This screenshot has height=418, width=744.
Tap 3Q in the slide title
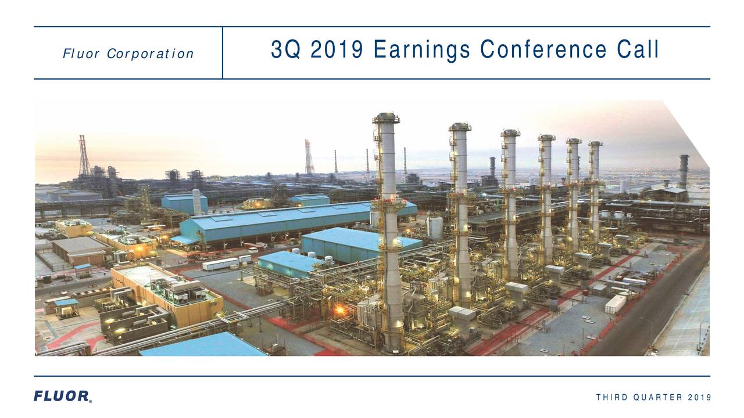285,51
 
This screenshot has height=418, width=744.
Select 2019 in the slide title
337,51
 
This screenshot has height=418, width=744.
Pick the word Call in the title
638,51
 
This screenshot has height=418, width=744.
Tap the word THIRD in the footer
609,397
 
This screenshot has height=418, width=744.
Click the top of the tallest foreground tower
386,118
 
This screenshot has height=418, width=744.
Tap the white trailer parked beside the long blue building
220,264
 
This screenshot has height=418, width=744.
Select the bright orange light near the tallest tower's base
339,311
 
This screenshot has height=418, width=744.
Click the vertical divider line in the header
223,52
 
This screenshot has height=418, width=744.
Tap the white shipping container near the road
616,304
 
